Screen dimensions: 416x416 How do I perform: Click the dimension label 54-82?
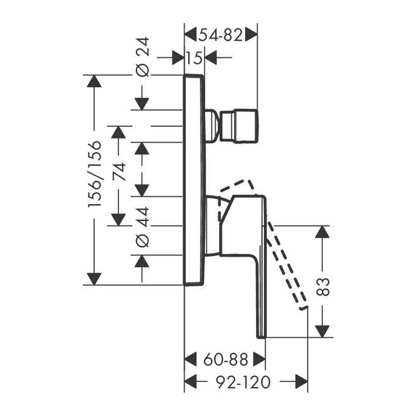click(x=221, y=35)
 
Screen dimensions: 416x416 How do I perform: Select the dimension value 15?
click(x=195, y=58)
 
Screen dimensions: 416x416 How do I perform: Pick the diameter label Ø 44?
click(x=142, y=226)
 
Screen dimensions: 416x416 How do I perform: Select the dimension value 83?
click(x=324, y=287)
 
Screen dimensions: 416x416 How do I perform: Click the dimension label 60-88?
click(x=226, y=359)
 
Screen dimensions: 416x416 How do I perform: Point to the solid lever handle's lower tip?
click(x=261, y=334)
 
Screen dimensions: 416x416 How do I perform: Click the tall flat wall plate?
click(x=194, y=180)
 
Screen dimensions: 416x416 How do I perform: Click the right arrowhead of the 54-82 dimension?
click(x=251, y=35)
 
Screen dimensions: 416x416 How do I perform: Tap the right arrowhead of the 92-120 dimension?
click(x=301, y=382)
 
